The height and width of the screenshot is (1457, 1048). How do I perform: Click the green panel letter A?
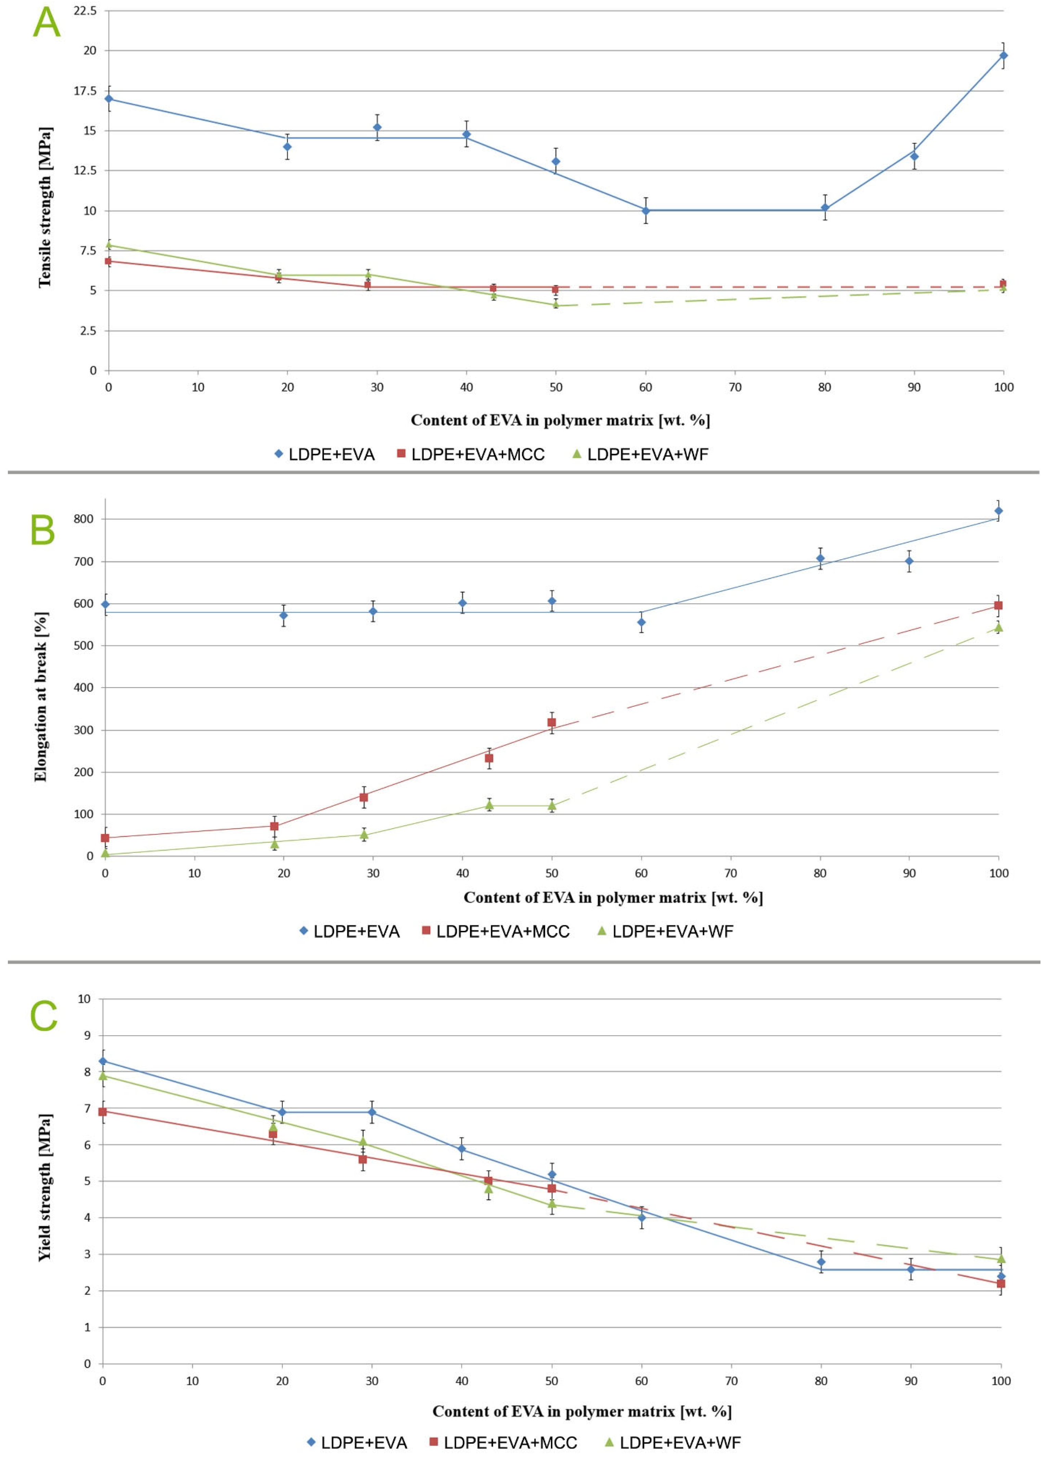tap(46, 23)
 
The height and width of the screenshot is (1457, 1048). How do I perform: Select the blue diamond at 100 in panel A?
tap(1003, 55)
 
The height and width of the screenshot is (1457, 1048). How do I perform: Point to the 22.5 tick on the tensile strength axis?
tap(86, 11)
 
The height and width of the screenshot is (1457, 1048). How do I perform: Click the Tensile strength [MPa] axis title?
tap(44, 207)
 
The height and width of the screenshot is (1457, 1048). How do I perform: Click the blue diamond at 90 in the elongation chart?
tap(909, 561)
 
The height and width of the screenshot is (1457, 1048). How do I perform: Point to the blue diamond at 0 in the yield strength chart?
tap(103, 1061)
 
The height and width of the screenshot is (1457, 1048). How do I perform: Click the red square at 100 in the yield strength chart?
tap(1000, 1284)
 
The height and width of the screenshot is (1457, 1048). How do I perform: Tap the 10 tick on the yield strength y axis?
tap(84, 999)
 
